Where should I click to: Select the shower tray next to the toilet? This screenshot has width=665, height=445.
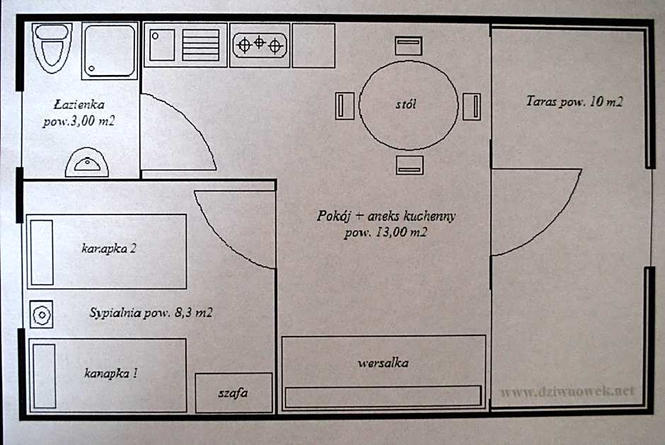[x=110, y=50]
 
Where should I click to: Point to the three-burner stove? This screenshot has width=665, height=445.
[x=260, y=45]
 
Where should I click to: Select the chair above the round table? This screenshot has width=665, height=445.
[x=409, y=46]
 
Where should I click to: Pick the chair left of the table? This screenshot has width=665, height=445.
[x=344, y=106]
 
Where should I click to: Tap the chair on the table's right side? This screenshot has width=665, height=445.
[x=472, y=106]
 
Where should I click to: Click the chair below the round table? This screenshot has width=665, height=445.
[x=410, y=165]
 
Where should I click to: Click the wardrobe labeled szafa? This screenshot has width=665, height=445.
[x=233, y=393]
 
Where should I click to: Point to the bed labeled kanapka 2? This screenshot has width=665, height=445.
[x=106, y=252]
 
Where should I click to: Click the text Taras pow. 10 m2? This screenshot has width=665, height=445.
[x=574, y=102]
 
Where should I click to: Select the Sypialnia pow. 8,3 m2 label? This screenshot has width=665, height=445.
[x=152, y=313]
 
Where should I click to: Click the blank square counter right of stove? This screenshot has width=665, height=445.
[x=313, y=45]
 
